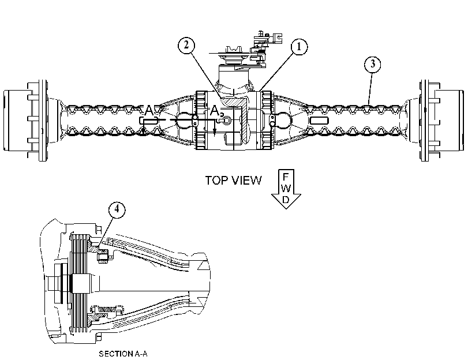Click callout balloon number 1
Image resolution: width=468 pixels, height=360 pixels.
click(299, 47)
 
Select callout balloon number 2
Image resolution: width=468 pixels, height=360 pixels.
click(186, 46)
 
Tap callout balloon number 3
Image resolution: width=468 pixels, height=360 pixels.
click(372, 64)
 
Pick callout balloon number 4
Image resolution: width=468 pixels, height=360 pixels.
click(117, 209)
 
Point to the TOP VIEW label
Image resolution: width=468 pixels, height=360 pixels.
click(233, 181)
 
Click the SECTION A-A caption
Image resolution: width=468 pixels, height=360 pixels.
click(123, 354)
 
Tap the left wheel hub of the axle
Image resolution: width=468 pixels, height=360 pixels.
click(25, 121)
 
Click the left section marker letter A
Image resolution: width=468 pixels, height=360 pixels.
click(149, 111)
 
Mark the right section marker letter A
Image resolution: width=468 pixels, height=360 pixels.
click(215, 111)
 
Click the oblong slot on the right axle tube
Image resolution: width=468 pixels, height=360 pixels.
click(319, 121)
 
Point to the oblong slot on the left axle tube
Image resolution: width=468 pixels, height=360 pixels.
click(148, 121)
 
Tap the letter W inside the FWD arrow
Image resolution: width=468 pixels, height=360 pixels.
click(286, 188)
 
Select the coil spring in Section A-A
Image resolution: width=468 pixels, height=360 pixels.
click(107, 310)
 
